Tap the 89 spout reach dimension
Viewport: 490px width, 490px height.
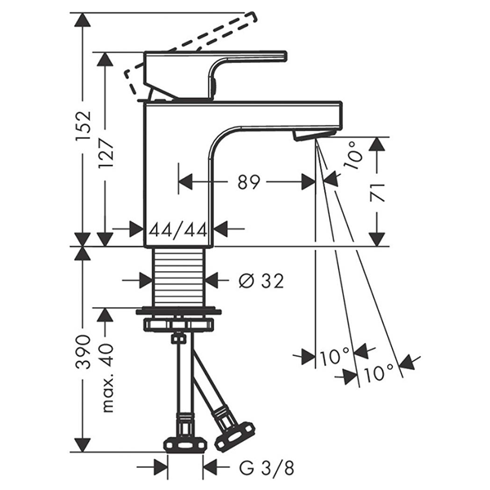coord(248,182)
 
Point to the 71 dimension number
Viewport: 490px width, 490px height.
coord(376,192)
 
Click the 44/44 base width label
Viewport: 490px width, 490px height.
coord(179,230)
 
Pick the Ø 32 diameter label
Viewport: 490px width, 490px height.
coord(261,281)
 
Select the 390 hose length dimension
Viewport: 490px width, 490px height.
coord(82,350)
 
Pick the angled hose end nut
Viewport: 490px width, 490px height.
coord(234,433)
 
